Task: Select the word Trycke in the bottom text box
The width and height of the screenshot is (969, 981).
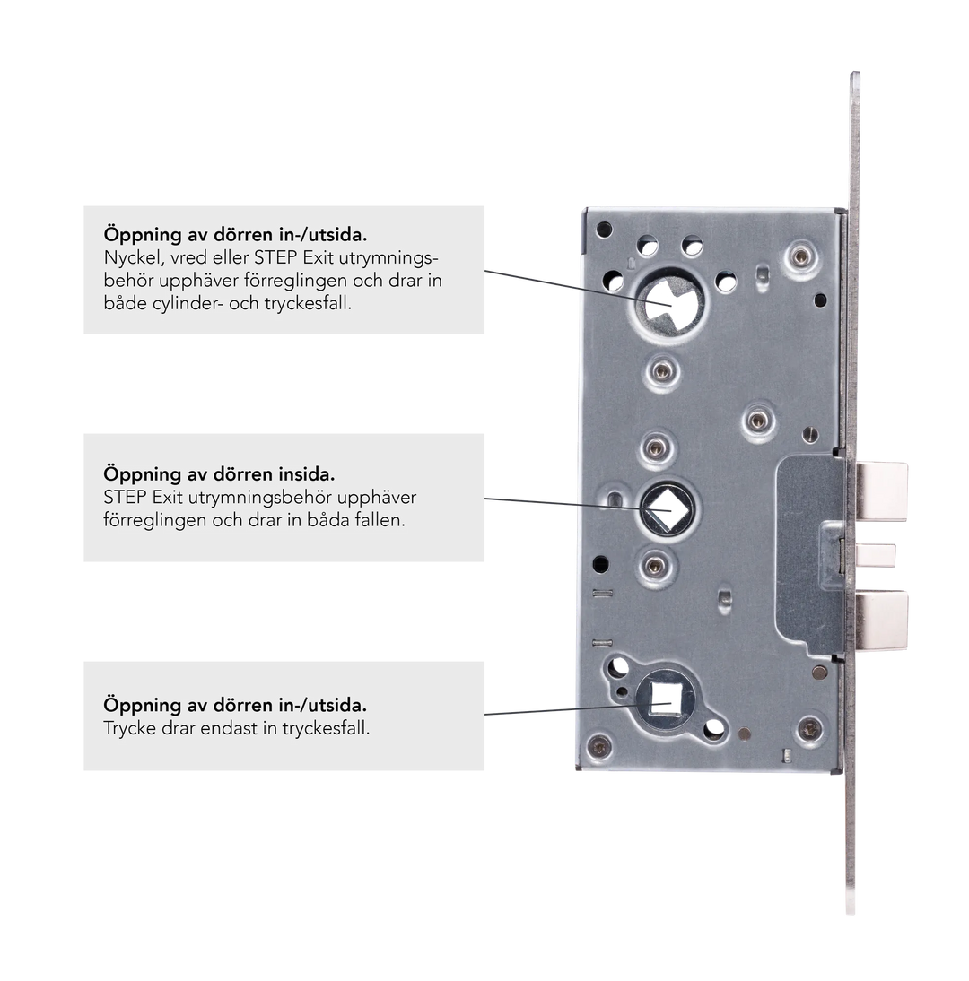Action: click(x=129, y=729)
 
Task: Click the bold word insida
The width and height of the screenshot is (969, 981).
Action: click(x=306, y=473)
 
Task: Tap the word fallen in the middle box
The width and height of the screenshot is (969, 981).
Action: click(x=378, y=520)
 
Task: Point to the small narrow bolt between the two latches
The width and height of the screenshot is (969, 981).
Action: click(x=876, y=555)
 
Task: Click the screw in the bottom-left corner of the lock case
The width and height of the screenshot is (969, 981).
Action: click(x=599, y=745)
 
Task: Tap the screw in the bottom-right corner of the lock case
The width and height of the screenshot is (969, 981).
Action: click(x=810, y=729)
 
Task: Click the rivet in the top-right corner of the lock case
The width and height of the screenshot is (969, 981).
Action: click(x=800, y=256)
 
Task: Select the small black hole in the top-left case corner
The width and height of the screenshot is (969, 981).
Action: click(x=604, y=229)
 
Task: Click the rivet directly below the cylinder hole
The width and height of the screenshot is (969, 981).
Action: click(x=662, y=371)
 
